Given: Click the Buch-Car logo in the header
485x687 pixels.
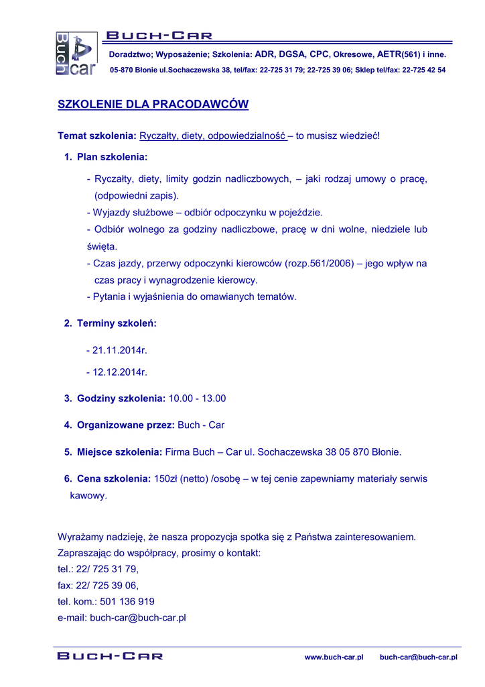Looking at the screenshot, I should pyautogui.click(x=75, y=54).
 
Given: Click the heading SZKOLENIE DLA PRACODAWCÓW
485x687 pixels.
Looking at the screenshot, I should pyautogui.click(x=153, y=105).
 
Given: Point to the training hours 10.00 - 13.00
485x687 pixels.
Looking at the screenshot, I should pyautogui.click(x=197, y=399).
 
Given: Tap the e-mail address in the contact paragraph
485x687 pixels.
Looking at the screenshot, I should pyautogui.click(x=137, y=618).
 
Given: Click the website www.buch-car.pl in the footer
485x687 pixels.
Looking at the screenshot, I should pyautogui.click(x=334, y=657).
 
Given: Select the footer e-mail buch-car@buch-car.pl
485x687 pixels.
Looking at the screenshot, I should pyautogui.click(x=418, y=657).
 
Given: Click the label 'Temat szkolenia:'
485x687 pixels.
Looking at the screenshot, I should pyautogui.click(x=97, y=136).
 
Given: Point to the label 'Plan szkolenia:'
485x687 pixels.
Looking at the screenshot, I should pyautogui.click(x=112, y=157).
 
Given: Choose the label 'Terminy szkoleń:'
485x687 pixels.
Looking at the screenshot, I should pyautogui.click(x=117, y=323).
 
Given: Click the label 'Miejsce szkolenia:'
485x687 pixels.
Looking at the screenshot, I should pyautogui.click(x=119, y=452).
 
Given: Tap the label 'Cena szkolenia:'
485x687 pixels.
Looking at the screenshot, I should pyautogui.click(x=114, y=479).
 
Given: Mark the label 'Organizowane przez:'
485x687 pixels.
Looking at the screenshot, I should pyautogui.click(x=126, y=425).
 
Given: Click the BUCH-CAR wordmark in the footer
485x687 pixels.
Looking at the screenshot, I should pyautogui.click(x=110, y=656).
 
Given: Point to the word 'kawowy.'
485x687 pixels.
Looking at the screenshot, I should pyautogui.click(x=88, y=496).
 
